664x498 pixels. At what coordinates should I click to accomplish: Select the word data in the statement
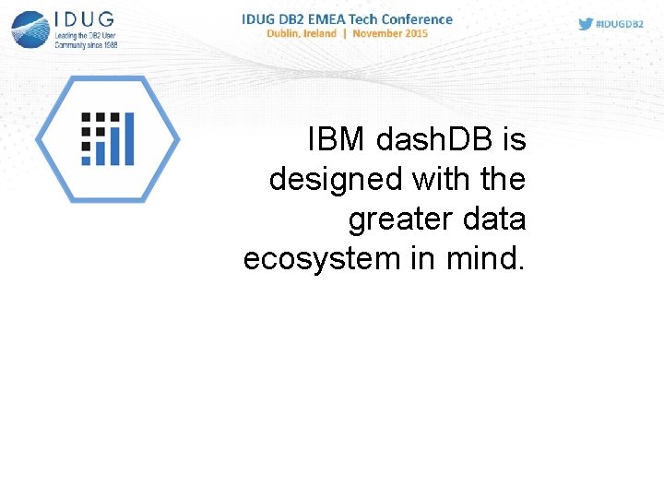[x=494, y=219]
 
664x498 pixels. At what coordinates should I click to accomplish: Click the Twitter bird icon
[x=586, y=24]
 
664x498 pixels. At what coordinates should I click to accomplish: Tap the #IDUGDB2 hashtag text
[x=620, y=25]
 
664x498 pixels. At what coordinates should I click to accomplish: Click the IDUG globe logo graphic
[x=30, y=29]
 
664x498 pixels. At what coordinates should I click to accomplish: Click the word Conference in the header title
[x=418, y=18]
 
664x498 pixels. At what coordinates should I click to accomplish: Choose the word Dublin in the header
[x=288, y=33]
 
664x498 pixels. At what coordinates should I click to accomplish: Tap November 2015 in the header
[x=392, y=33]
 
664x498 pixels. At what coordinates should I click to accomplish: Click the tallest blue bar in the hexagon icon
[x=128, y=139]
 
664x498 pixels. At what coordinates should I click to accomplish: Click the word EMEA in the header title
[x=340, y=18]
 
